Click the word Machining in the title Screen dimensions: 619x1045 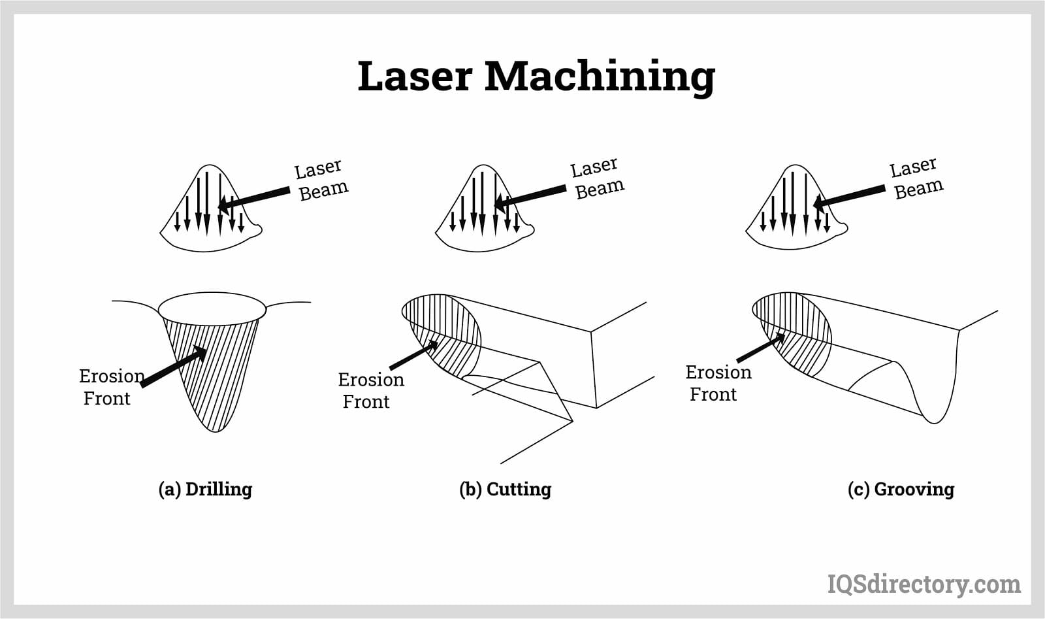tap(600, 77)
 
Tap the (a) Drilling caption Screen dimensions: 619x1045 tap(205, 489)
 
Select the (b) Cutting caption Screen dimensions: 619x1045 tap(505, 489)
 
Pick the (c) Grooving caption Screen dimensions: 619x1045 tap(901, 489)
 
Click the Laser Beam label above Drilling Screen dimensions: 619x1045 tap(321, 180)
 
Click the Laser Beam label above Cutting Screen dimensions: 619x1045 tap(597, 178)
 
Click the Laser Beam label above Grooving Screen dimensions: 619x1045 tap(916, 178)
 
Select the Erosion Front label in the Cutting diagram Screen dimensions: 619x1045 tap(370, 390)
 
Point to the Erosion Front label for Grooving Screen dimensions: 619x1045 tap(718, 383)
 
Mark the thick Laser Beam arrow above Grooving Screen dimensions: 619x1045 tap(849, 196)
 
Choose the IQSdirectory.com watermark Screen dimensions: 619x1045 tap(924, 584)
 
